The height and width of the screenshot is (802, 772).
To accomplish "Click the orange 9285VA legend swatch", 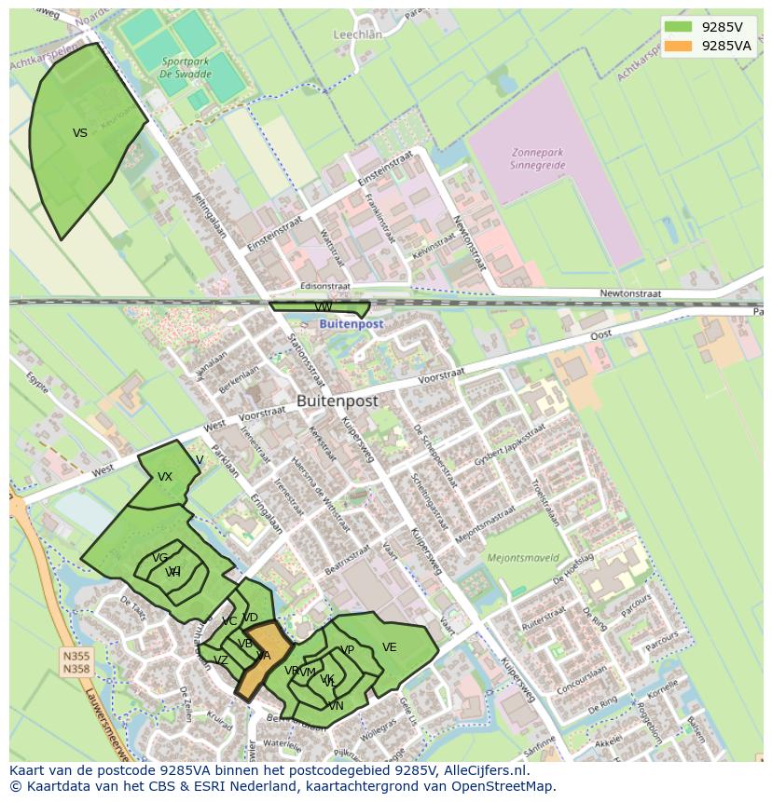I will coord(679,45).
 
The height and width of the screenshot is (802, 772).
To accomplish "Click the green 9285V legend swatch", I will coord(679,27).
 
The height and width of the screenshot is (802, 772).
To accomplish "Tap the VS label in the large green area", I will coord(80,133).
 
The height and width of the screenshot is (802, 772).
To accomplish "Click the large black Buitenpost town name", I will coord(338,401).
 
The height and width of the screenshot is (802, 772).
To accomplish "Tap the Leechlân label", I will coord(358,34).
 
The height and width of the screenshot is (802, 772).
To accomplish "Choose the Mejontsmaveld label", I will coord(523,558).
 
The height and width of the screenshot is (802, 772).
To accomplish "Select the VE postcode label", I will coord(389,647).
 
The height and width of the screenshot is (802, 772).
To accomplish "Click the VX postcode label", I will coord(165,477).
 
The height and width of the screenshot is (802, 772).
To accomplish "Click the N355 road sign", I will coord(76,656).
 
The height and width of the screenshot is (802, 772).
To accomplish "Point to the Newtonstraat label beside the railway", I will coord(629,293).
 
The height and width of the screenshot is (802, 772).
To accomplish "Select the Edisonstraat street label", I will coord(325,287).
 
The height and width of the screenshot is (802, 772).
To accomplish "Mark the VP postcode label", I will coord(347,650).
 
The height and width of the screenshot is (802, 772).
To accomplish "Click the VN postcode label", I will coord(336,706).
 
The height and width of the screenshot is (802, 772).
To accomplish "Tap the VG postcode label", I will coord(160,558).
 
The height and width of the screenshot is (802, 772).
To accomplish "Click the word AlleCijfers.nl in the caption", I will coord(484,771).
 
